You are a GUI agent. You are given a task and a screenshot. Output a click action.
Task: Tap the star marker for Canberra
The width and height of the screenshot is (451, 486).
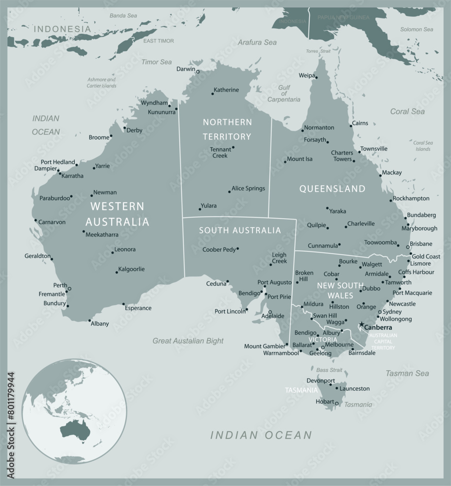361,325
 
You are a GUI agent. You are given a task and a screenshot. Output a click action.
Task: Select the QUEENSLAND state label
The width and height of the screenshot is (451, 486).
332,188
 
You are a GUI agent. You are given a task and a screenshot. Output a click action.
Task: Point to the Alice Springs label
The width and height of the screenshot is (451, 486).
248,188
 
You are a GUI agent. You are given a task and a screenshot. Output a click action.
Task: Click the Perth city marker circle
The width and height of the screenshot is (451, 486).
69,289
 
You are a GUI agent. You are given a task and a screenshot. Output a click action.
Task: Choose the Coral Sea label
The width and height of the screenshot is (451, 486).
407,111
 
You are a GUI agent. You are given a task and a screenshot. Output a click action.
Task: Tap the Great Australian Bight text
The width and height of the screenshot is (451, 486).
188,341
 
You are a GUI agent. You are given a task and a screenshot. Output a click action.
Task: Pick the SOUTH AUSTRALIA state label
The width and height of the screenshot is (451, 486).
240,230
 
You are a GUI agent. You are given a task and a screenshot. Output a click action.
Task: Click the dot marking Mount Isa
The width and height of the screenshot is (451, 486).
285,162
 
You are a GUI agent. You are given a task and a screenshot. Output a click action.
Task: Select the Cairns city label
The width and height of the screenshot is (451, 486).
360,123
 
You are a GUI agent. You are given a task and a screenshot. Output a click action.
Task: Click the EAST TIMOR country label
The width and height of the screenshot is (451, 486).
158,41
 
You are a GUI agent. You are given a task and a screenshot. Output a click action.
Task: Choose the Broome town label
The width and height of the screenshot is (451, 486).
99,138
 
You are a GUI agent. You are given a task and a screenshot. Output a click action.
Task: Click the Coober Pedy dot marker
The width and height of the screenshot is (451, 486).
237,249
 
